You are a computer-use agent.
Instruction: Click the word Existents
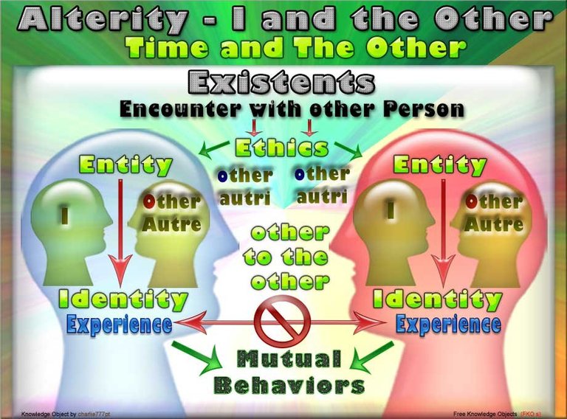pos(281,82)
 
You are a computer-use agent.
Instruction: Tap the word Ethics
pos(282,148)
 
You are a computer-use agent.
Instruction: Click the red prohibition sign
pos(283,320)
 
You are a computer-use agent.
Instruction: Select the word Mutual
pos(289,359)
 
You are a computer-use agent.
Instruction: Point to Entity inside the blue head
pos(126,165)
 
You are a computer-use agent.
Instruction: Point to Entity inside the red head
pos(440,165)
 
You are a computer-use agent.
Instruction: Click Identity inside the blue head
pos(123,299)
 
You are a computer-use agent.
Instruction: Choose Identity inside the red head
pos(438,299)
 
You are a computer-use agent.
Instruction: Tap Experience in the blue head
pos(120,324)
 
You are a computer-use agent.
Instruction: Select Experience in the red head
pos(448,324)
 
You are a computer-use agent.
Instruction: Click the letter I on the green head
pos(65,215)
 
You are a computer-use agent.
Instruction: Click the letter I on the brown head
pos(391,209)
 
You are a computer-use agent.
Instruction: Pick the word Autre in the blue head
pos(171,225)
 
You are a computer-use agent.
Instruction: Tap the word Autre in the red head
pos(494,225)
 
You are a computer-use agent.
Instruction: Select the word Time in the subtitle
pos(166,48)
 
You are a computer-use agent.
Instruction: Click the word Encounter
pos(180,108)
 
